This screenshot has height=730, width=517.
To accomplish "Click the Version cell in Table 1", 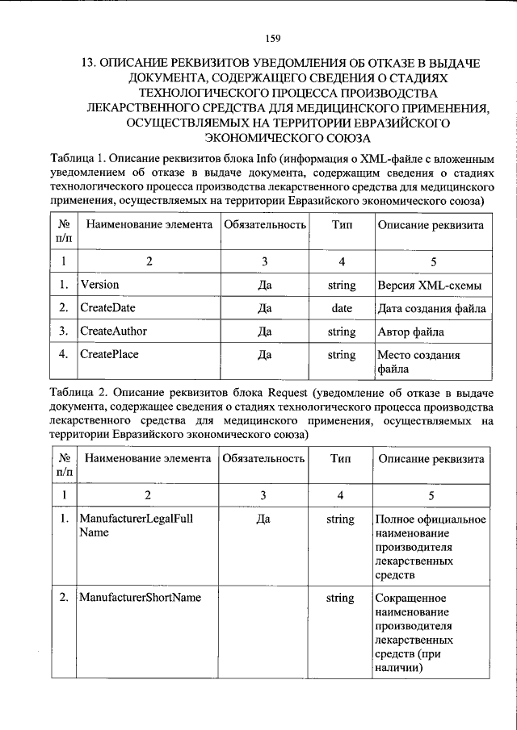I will [x=100, y=285].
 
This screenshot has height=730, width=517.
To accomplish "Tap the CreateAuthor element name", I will [x=113, y=332].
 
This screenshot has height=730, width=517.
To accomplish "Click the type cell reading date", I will [x=342, y=308].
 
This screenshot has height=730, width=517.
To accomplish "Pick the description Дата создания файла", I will [x=431, y=308].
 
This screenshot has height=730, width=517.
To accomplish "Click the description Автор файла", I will [x=410, y=332].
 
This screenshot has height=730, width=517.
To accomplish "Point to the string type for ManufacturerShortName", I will [x=340, y=598].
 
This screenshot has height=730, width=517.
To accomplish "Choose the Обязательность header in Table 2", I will [x=263, y=458].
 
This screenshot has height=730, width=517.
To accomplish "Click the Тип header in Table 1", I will [x=342, y=225].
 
